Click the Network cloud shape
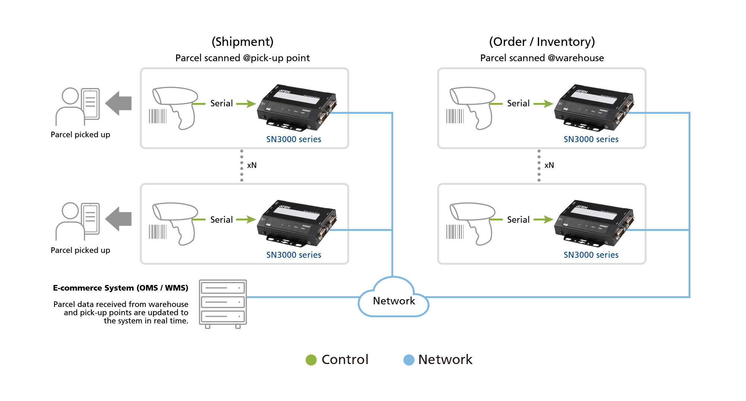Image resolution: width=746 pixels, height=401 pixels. pyautogui.click(x=394, y=299)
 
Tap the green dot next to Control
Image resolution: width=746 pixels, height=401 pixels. pyautogui.click(x=311, y=360)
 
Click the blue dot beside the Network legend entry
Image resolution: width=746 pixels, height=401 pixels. pyautogui.click(x=409, y=360)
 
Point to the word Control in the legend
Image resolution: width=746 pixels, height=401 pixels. pyautogui.click(x=345, y=360)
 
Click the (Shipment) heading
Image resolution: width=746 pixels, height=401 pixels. pyautogui.click(x=242, y=41)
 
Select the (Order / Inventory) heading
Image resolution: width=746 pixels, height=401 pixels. pyautogui.click(x=542, y=41)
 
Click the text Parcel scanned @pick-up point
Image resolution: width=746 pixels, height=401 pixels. pyautogui.click(x=242, y=58)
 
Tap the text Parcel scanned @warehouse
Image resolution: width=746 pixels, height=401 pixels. pyautogui.click(x=542, y=58)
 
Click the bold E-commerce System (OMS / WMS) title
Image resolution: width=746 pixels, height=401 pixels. pyautogui.click(x=120, y=288)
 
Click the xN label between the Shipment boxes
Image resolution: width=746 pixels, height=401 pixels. pyautogui.click(x=252, y=165)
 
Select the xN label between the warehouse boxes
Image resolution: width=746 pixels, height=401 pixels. pyautogui.click(x=549, y=165)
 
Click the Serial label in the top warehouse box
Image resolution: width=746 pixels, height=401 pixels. pyautogui.click(x=518, y=103)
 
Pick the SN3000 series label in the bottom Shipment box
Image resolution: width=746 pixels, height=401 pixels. pyautogui.click(x=294, y=255)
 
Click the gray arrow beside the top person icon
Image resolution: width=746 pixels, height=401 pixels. pyautogui.click(x=119, y=103)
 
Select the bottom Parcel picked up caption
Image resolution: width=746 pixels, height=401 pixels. pyautogui.click(x=80, y=250)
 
